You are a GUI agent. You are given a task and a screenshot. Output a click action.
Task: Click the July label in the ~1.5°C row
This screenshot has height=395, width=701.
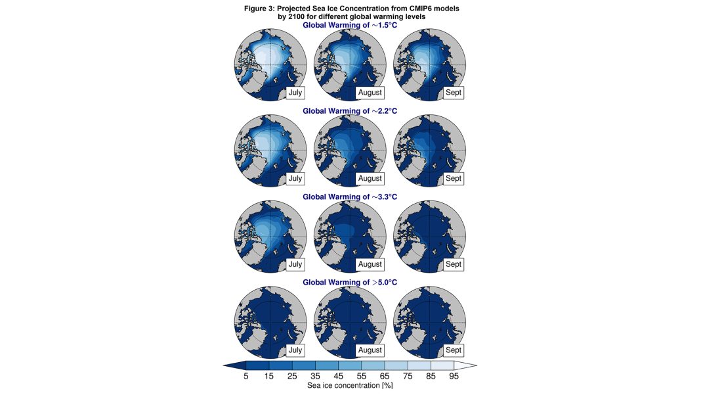pyautogui.click(x=295, y=93)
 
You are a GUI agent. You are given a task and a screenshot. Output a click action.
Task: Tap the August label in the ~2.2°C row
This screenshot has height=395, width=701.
pyautogui.click(x=370, y=178)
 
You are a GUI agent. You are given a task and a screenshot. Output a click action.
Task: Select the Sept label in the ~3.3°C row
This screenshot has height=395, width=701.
pyautogui.click(x=454, y=264)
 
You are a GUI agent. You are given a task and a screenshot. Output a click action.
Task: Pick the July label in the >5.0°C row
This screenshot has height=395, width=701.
pyautogui.click(x=295, y=350)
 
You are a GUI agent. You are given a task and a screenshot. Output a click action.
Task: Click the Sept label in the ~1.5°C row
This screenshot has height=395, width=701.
pyautogui.click(x=454, y=93)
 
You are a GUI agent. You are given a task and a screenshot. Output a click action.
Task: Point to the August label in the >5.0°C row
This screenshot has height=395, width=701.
pyautogui.click(x=370, y=350)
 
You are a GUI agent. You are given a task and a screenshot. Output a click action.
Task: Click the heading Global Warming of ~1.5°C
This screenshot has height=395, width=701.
pyautogui.click(x=350, y=25)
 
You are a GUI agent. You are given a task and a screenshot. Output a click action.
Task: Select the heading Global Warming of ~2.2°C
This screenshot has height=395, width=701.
pyautogui.click(x=350, y=111)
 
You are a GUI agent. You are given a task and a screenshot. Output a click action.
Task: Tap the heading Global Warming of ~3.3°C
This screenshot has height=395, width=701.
pyautogui.click(x=350, y=197)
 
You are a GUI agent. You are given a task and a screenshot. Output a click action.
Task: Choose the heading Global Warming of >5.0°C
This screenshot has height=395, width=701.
pyautogui.click(x=350, y=283)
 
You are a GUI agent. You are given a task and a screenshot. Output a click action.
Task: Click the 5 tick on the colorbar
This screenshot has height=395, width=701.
pyautogui.click(x=245, y=377)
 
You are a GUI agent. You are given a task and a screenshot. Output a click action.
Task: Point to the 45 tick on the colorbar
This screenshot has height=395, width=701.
pyautogui.click(x=338, y=377)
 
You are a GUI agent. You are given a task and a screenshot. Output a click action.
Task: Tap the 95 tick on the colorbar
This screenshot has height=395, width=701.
pyautogui.click(x=454, y=377)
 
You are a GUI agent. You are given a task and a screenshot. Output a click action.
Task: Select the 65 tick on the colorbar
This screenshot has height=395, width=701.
pyautogui.click(x=385, y=377)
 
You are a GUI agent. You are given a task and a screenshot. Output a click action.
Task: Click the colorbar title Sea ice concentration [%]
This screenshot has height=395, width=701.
pyautogui.click(x=350, y=386)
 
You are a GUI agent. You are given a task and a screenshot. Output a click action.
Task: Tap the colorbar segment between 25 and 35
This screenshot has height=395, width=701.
pyautogui.click(x=303, y=365)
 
